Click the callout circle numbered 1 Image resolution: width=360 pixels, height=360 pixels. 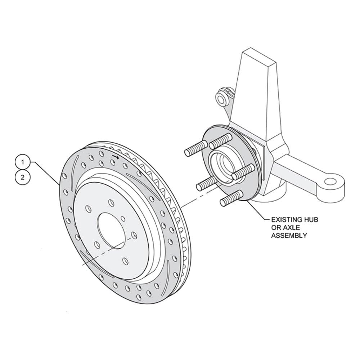pyautogui.click(x=22, y=162)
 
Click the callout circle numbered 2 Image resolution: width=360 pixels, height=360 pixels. pyautogui.click(x=22, y=177)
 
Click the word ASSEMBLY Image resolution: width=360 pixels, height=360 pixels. pyautogui.click(x=289, y=235)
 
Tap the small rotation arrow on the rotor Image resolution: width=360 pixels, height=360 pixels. pyautogui.click(x=116, y=157)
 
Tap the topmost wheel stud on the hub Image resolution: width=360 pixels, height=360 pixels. pyautogui.click(x=220, y=141)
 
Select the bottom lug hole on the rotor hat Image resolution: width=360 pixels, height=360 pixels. pyautogui.click(x=125, y=261)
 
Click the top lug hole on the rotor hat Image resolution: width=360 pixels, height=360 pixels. pyautogui.click(x=111, y=203)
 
